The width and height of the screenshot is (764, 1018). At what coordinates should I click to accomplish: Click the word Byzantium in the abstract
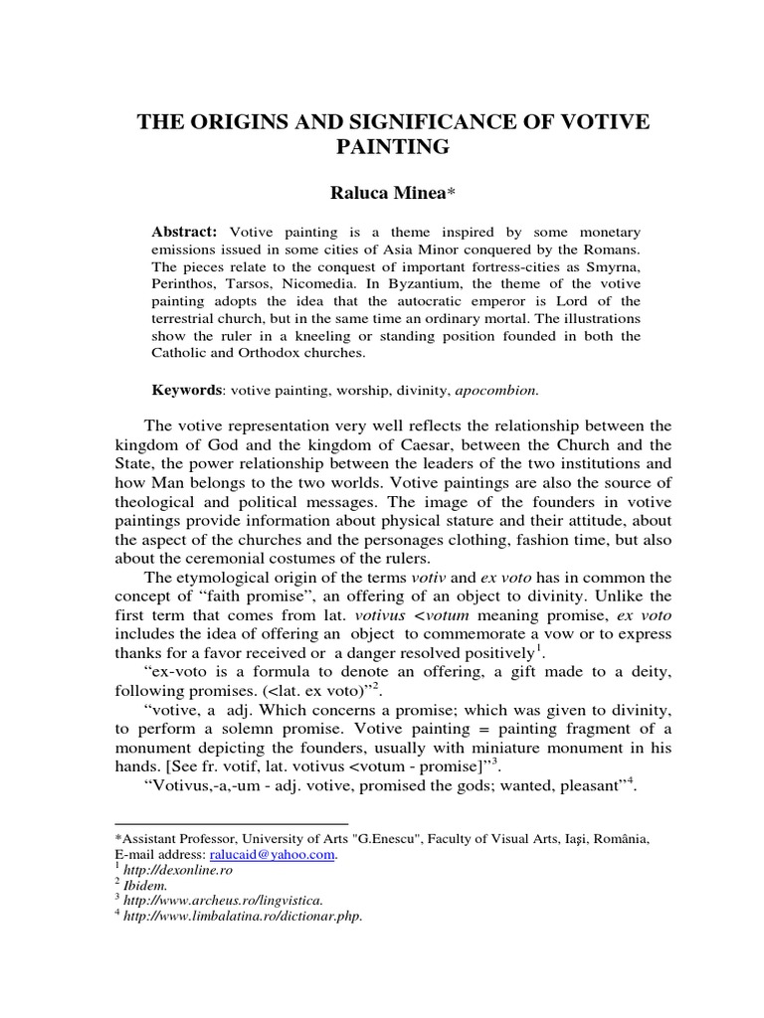coord(433,282)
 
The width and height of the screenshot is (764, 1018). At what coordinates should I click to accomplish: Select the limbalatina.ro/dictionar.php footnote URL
coord(243,917)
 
